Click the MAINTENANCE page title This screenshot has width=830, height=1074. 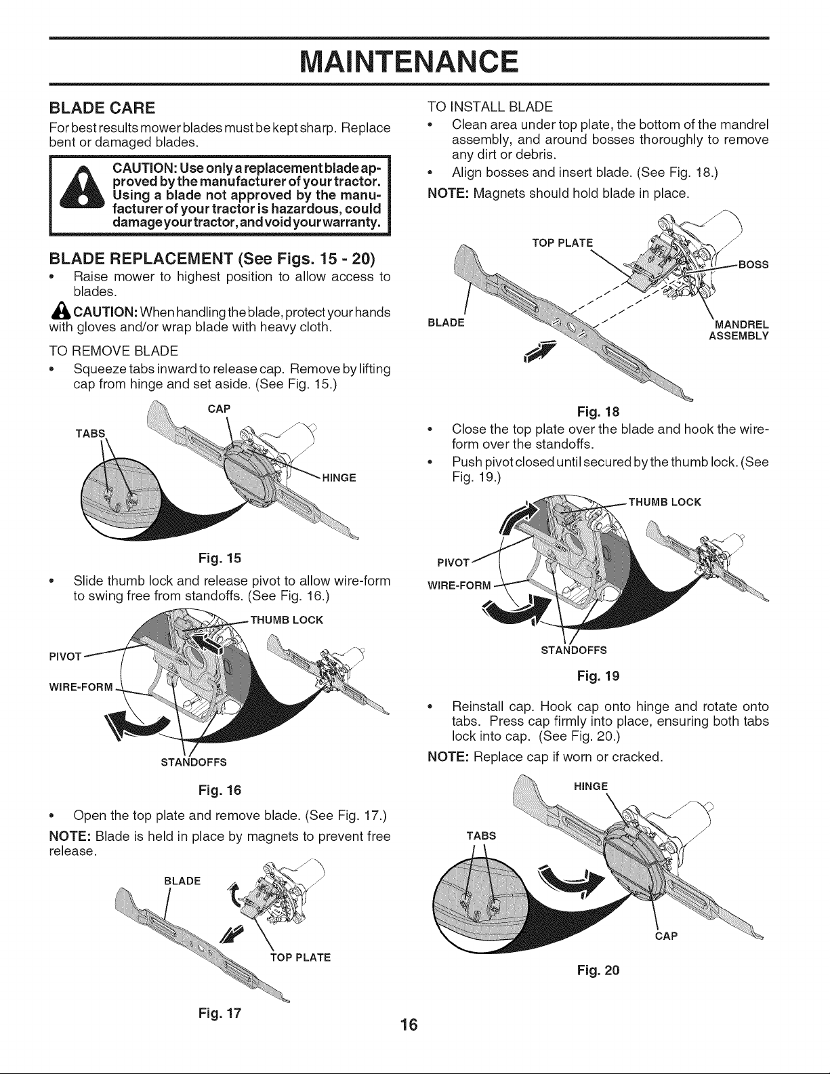(x=409, y=61)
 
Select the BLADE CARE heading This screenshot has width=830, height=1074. (x=102, y=107)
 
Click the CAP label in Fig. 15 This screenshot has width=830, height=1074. (x=220, y=409)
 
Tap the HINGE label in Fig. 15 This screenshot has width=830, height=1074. (x=339, y=478)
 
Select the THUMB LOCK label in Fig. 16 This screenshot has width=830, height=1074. (x=287, y=620)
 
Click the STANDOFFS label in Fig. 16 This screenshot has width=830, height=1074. (x=194, y=762)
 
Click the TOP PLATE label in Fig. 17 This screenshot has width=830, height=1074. (x=300, y=957)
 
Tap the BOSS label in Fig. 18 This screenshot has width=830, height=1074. (x=753, y=265)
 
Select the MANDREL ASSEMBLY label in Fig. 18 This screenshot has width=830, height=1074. (x=739, y=330)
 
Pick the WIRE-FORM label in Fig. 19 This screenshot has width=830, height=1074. (x=459, y=586)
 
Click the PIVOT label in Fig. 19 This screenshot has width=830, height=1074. (x=453, y=563)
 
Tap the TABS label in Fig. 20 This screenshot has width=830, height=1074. (x=481, y=835)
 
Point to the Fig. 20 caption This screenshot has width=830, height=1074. (x=598, y=970)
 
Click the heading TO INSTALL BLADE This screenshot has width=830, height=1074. (x=490, y=107)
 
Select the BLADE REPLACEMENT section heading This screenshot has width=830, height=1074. (x=212, y=258)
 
